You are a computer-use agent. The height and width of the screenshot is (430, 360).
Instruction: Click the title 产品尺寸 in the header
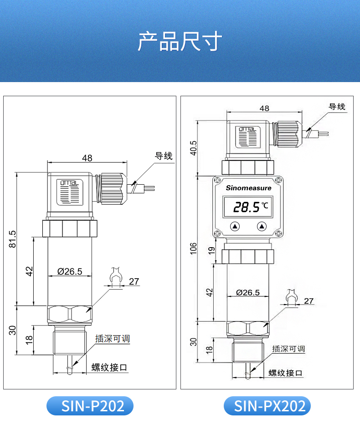(x=180, y=41)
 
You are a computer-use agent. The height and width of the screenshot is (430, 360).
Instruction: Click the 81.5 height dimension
(x=12, y=239)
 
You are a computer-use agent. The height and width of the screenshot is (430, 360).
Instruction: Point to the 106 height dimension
(x=193, y=249)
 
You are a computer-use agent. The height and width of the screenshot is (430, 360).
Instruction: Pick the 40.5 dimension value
(x=193, y=147)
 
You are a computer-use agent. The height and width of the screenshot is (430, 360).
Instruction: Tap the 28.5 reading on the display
(x=246, y=208)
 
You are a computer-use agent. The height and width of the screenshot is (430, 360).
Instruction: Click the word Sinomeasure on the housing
(x=248, y=188)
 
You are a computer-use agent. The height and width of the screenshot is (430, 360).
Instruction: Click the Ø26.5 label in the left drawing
(x=70, y=272)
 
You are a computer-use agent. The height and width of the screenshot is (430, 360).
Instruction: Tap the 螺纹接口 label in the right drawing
(x=285, y=373)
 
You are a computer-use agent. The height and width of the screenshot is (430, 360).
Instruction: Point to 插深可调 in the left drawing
(x=113, y=338)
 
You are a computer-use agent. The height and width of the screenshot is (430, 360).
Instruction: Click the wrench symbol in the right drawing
(x=291, y=297)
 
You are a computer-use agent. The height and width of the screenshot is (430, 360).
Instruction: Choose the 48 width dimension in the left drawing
(x=87, y=158)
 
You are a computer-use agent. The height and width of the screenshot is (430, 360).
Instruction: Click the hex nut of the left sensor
(x=70, y=315)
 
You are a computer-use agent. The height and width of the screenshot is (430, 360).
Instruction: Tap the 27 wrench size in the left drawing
(x=134, y=281)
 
